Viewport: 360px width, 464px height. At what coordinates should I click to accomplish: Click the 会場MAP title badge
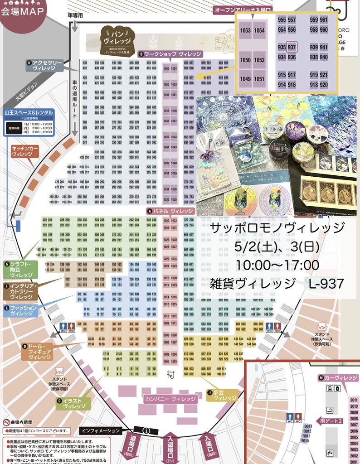point(22,11)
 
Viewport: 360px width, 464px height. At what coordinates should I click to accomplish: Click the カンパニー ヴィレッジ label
point(170,399)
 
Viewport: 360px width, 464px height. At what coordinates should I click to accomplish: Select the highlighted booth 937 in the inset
point(292,47)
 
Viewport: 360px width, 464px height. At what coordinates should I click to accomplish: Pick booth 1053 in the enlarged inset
point(245,30)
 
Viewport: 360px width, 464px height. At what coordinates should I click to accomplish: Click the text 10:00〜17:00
point(277,265)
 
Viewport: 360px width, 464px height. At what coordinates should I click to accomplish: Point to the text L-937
point(326,284)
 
